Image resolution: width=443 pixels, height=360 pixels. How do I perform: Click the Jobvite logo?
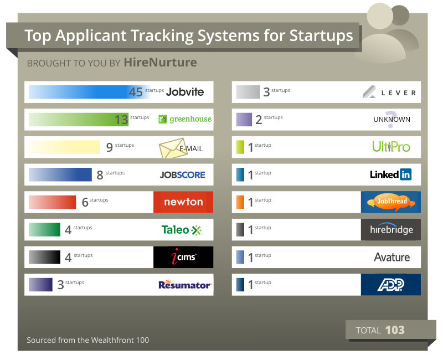coord(185,92)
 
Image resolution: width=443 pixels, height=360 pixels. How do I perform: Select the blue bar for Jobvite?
coord(83,92)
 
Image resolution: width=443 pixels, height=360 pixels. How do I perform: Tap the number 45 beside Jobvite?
coord(136,92)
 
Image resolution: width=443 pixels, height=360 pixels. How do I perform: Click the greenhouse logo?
coord(185,119)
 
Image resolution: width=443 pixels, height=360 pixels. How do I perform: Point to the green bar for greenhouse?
coord(78,119)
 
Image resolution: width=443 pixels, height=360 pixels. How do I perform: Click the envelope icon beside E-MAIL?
coord(172,148)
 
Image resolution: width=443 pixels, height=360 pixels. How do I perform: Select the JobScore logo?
coord(182,174)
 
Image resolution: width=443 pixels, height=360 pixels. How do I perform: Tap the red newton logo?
coord(183,202)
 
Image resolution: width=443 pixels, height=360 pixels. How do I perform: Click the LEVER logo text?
coord(398,92)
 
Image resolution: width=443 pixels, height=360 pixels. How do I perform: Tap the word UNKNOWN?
coord(392,119)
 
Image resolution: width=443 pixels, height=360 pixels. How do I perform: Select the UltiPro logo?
coord(391,147)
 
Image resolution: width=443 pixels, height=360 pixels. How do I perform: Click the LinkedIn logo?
coord(390,174)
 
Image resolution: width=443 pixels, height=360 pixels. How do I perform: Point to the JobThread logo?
coord(391,202)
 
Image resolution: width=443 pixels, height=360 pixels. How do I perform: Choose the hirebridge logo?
coord(391,229)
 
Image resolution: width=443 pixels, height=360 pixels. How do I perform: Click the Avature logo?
coord(392,257)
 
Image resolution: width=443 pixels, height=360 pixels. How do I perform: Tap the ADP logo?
coord(391,284)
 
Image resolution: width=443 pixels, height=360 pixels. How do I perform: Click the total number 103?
coord(395,330)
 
